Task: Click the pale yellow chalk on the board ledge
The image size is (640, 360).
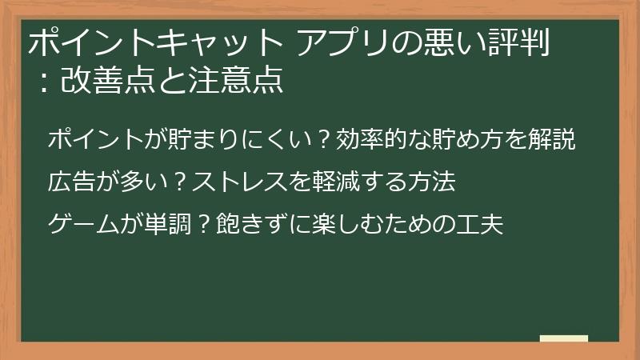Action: [x=563, y=338]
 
